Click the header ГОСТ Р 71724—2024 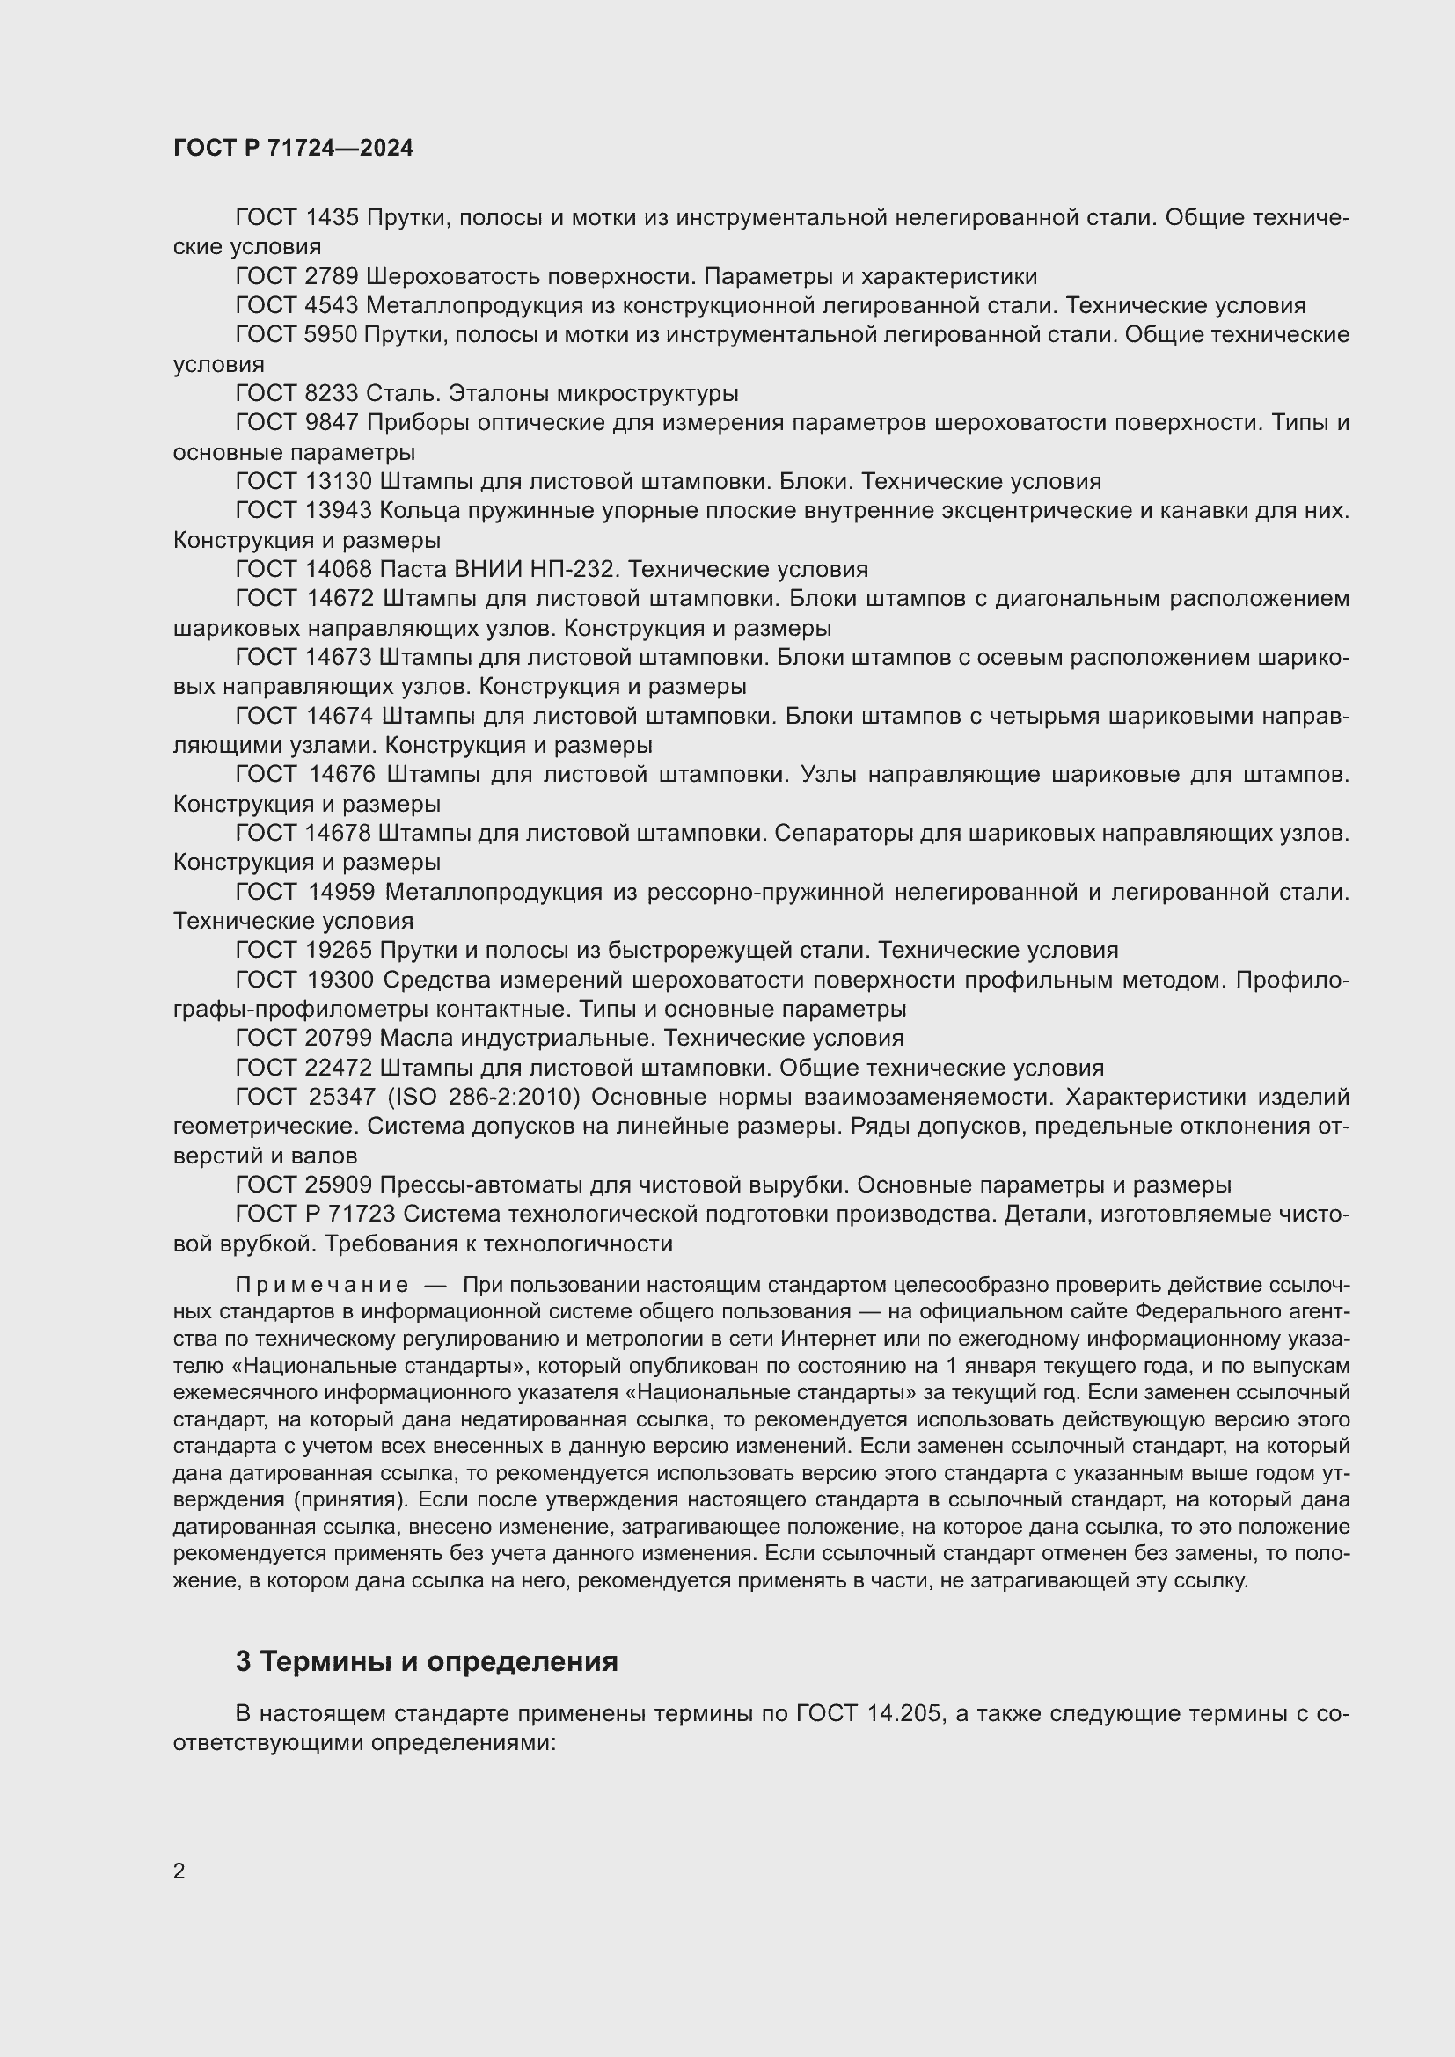(293, 148)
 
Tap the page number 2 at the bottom (179, 1871)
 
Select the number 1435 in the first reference (333, 217)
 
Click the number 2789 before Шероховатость (333, 276)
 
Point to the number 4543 (333, 305)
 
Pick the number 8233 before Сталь (333, 393)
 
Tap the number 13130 (339, 481)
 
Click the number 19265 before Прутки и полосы (339, 950)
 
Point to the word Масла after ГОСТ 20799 (417, 1038)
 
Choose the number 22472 (339, 1067)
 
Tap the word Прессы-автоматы (480, 1185)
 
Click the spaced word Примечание (322, 1285)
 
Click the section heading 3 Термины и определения (427, 1661)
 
